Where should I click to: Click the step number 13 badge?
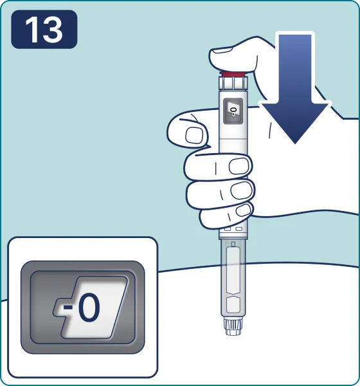tap(44, 30)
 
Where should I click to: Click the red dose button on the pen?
tap(233, 75)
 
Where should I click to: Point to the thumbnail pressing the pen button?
tap(222, 50)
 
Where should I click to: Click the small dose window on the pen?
tap(233, 111)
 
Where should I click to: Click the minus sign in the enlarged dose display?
tap(67, 308)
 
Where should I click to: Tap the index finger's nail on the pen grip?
tap(194, 135)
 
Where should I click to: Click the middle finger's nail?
tap(239, 166)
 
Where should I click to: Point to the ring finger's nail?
tap(242, 190)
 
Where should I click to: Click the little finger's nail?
tap(244, 210)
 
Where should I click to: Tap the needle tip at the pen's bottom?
tap(233, 332)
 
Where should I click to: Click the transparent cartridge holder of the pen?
tap(233, 278)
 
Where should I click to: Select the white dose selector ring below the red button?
tap(233, 83)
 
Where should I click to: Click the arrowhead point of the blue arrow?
tap(295, 143)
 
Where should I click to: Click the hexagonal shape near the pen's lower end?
tap(233, 305)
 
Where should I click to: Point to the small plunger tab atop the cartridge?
tap(233, 244)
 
